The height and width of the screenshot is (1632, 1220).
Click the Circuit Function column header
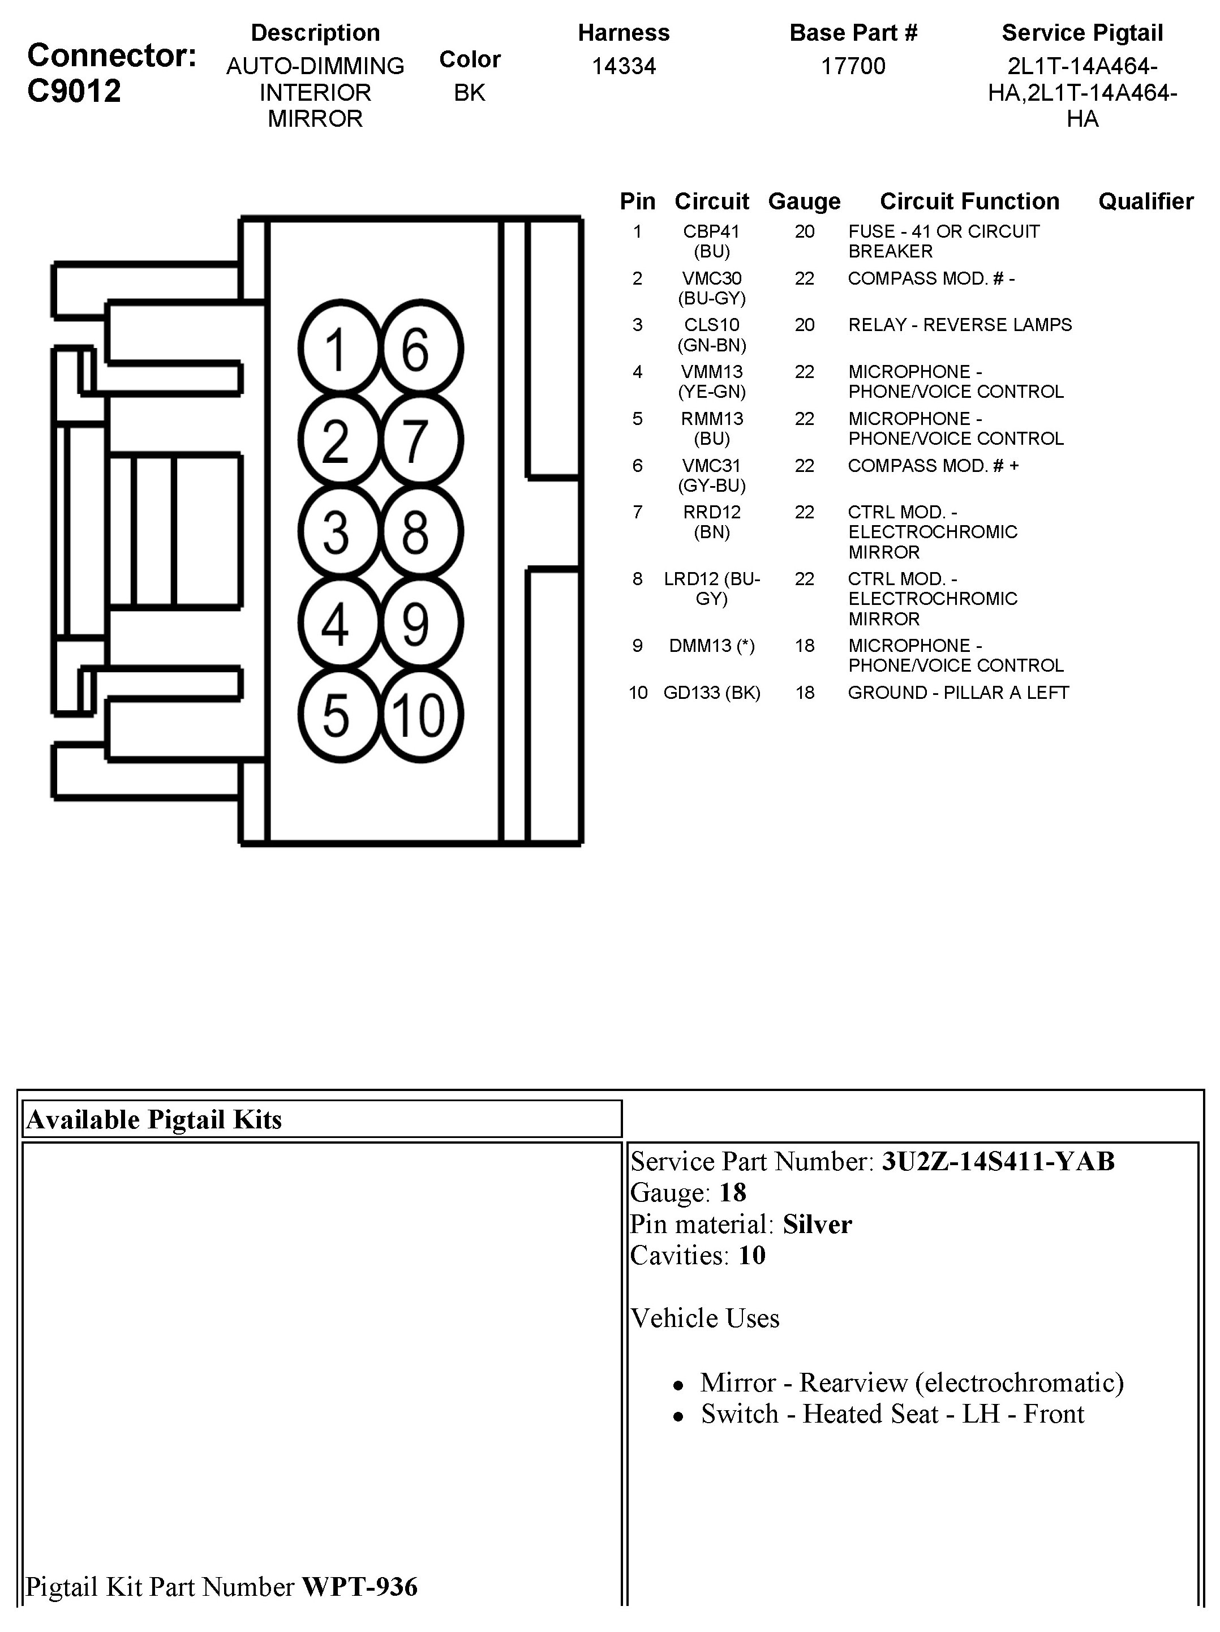[x=969, y=201]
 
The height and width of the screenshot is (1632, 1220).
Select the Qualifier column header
[x=1145, y=201]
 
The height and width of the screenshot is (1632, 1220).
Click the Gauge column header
[x=804, y=201]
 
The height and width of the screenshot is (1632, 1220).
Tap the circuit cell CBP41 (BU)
[x=712, y=241]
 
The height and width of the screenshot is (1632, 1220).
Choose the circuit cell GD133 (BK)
[x=712, y=693]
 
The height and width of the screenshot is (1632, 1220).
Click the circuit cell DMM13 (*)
[x=712, y=646]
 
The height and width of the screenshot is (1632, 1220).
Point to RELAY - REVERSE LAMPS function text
[x=960, y=325]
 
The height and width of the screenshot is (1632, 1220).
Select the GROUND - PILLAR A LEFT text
[x=958, y=693]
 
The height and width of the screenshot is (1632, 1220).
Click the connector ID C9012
[x=74, y=92]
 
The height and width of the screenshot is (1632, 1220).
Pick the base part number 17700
[x=853, y=66]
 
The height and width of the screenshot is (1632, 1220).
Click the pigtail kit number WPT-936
[x=360, y=1587]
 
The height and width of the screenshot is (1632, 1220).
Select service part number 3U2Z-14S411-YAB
[x=998, y=1162]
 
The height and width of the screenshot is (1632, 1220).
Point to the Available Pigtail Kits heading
[x=154, y=1120]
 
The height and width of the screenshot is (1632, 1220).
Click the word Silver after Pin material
[x=817, y=1225]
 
